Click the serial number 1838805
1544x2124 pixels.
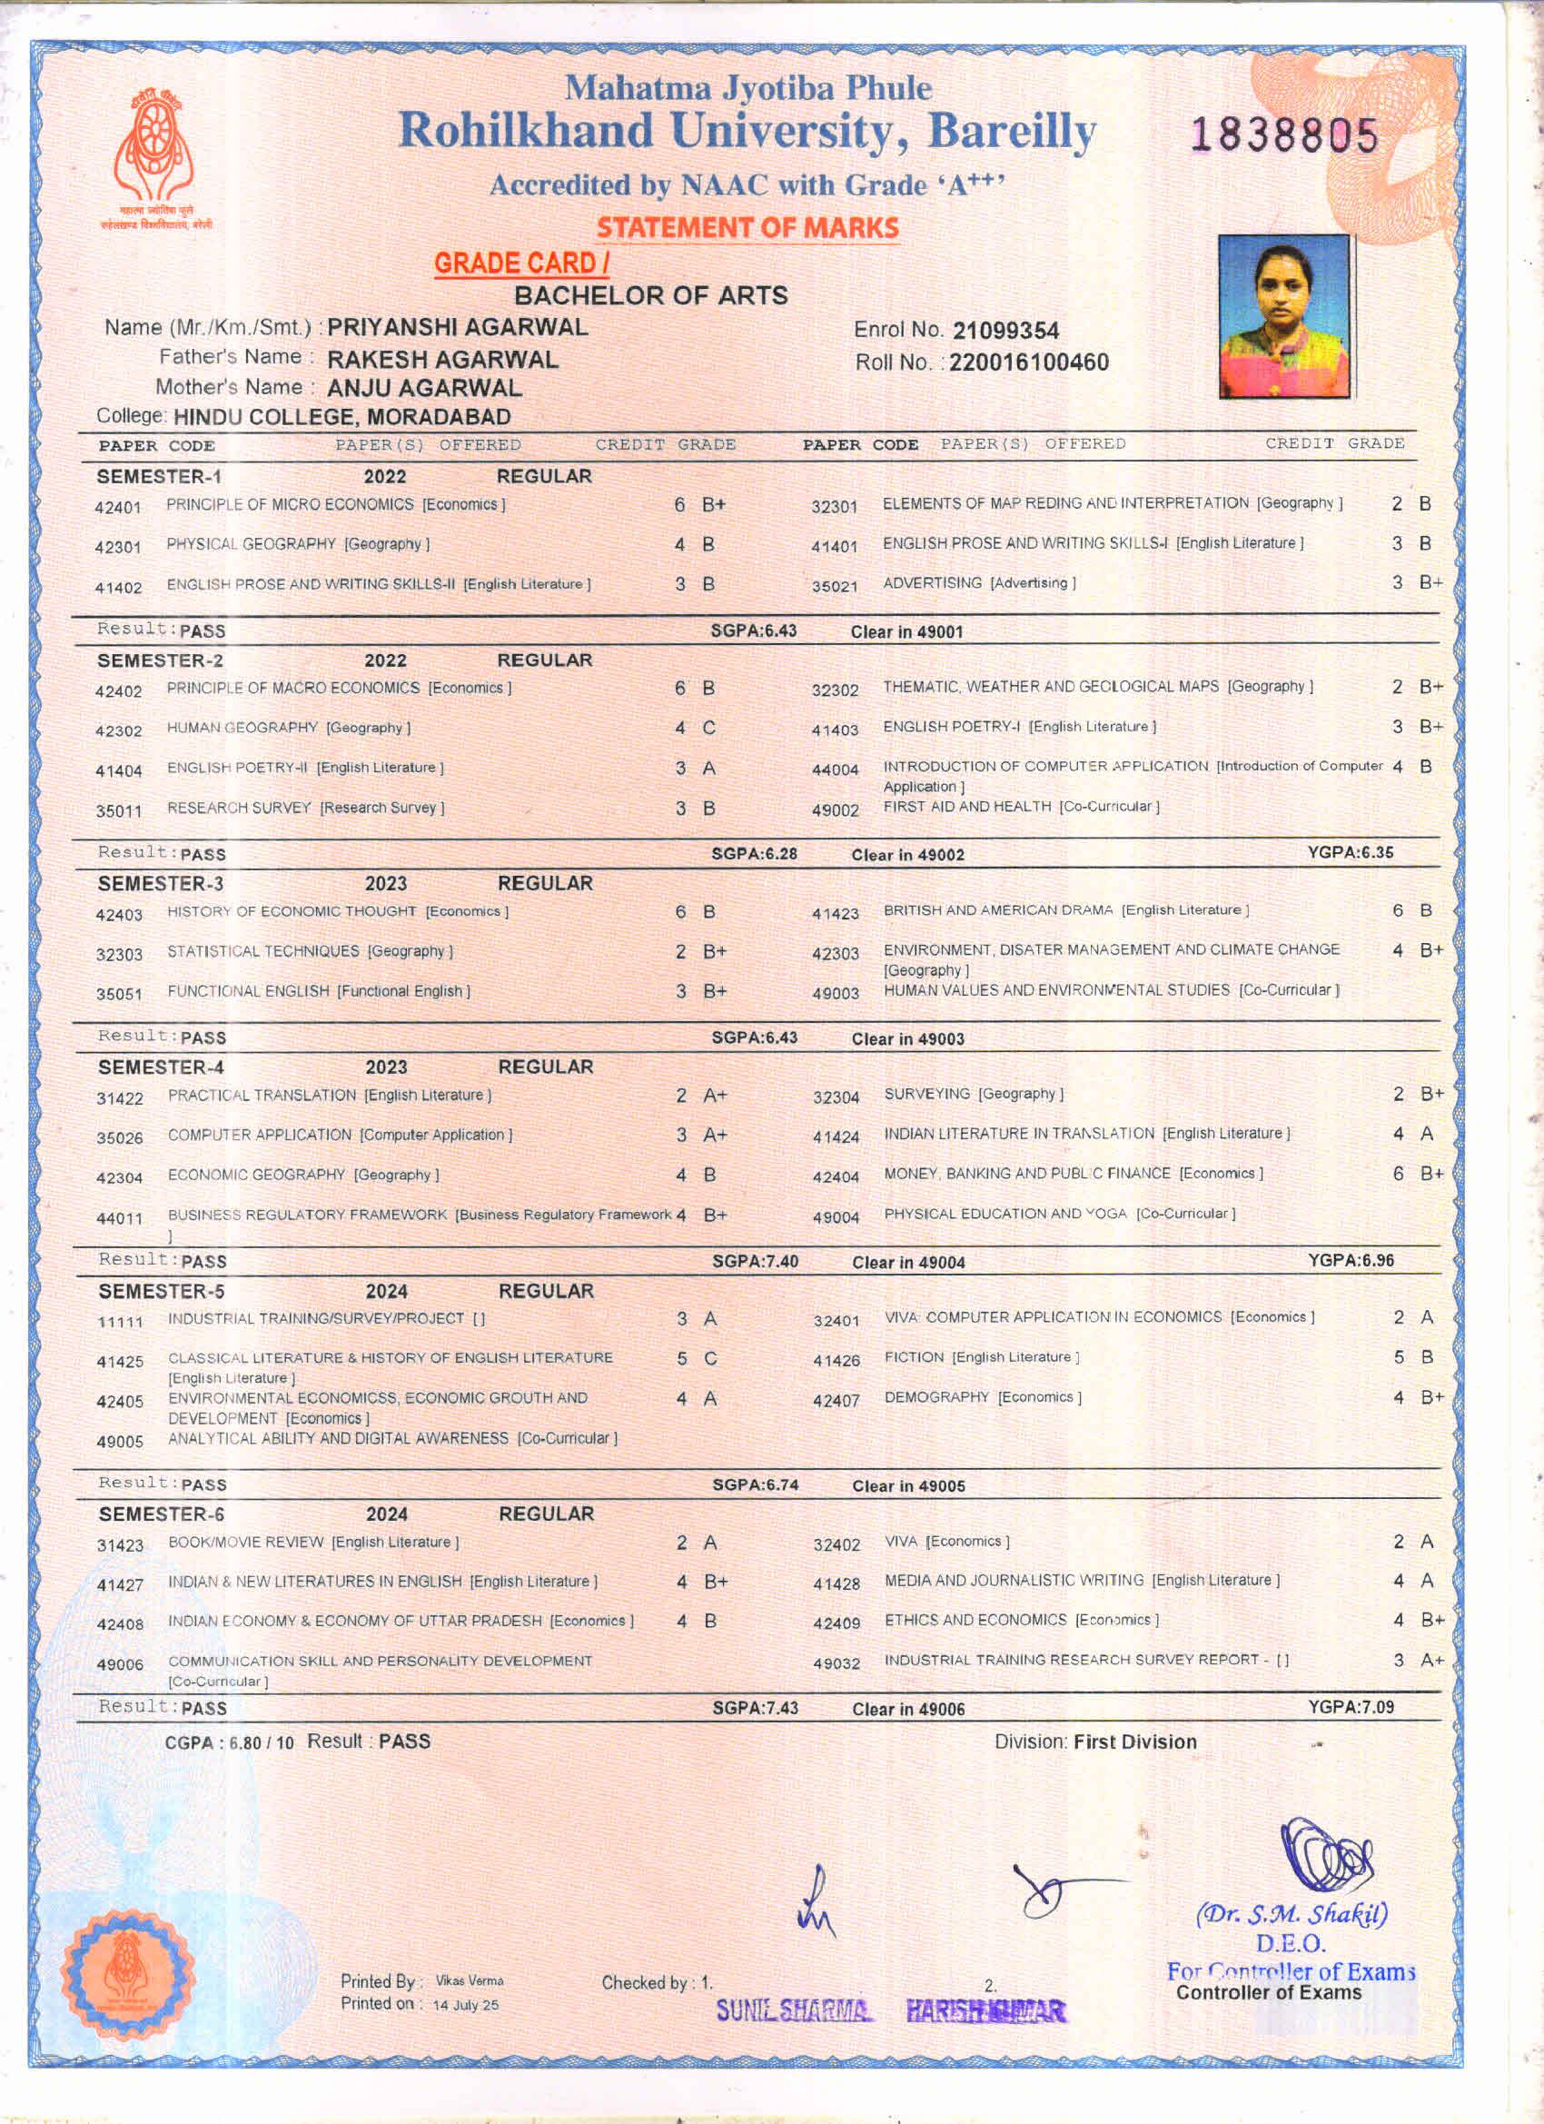pos(1283,135)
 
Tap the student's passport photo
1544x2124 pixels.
pos(1283,315)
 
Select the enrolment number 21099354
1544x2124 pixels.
pos(1005,331)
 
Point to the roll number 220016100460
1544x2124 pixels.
pos(1028,362)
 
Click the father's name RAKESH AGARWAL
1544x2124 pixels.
pos(442,360)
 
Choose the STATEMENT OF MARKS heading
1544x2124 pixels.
pos(747,227)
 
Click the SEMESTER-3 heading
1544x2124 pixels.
pos(160,883)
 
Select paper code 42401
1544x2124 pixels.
pos(118,508)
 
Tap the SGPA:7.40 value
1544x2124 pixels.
pos(755,1262)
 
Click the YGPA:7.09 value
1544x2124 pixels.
pos(1351,1707)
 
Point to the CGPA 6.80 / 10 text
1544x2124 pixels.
pos(229,1742)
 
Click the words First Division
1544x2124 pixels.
pos(1134,1742)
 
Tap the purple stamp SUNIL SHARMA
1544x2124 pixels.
pos(794,2010)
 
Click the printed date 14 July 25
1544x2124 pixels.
pos(465,2005)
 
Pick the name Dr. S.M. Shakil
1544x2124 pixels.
pos(1292,1913)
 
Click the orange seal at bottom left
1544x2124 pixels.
pos(129,1973)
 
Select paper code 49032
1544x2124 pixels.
pos(836,1662)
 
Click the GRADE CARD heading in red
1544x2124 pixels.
pos(520,264)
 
